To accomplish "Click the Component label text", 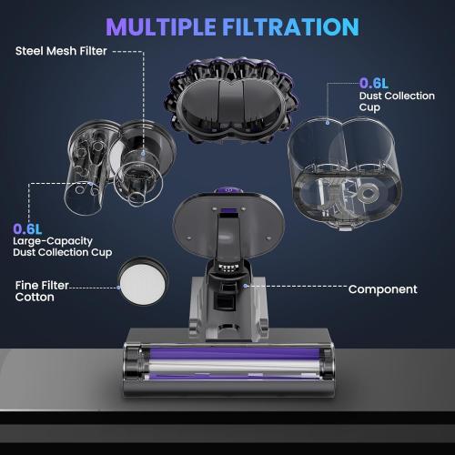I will tap(382, 289).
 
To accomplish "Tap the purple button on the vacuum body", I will tap(227, 193).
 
